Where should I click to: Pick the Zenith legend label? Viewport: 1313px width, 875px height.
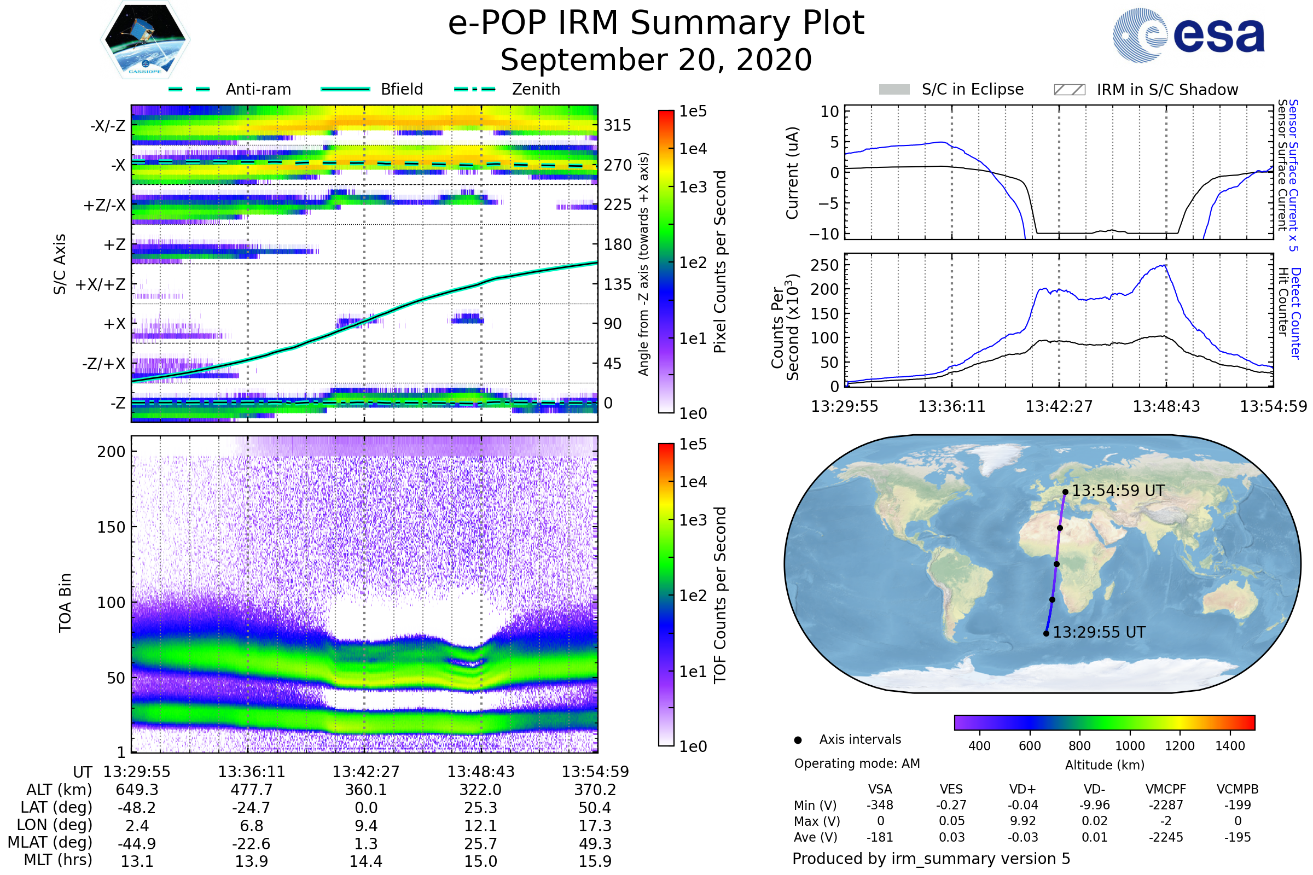click(536, 89)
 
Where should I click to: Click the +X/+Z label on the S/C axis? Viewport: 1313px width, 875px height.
click(101, 284)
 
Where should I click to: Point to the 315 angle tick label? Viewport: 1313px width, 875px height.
click(618, 125)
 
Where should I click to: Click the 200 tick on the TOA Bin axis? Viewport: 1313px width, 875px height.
click(111, 452)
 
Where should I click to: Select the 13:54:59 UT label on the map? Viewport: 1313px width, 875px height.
click(1118, 491)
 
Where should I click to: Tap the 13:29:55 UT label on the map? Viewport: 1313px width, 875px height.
click(1099, 632)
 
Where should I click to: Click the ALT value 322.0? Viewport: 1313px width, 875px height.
click(481, 790)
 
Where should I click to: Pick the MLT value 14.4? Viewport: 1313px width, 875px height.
click(365, 861)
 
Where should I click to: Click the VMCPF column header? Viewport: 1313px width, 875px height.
click(1166, 789)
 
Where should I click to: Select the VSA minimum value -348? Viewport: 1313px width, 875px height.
click(880, 805)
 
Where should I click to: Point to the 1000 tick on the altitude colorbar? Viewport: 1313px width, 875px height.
click(1129, 746)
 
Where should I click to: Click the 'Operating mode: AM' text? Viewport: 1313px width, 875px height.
click(857, 763)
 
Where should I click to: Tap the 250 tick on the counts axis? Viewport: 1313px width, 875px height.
click(824, 265)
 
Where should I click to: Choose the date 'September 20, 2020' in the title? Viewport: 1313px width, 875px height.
click(656, 60)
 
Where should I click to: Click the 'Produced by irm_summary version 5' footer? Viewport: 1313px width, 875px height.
click(931, 859)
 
